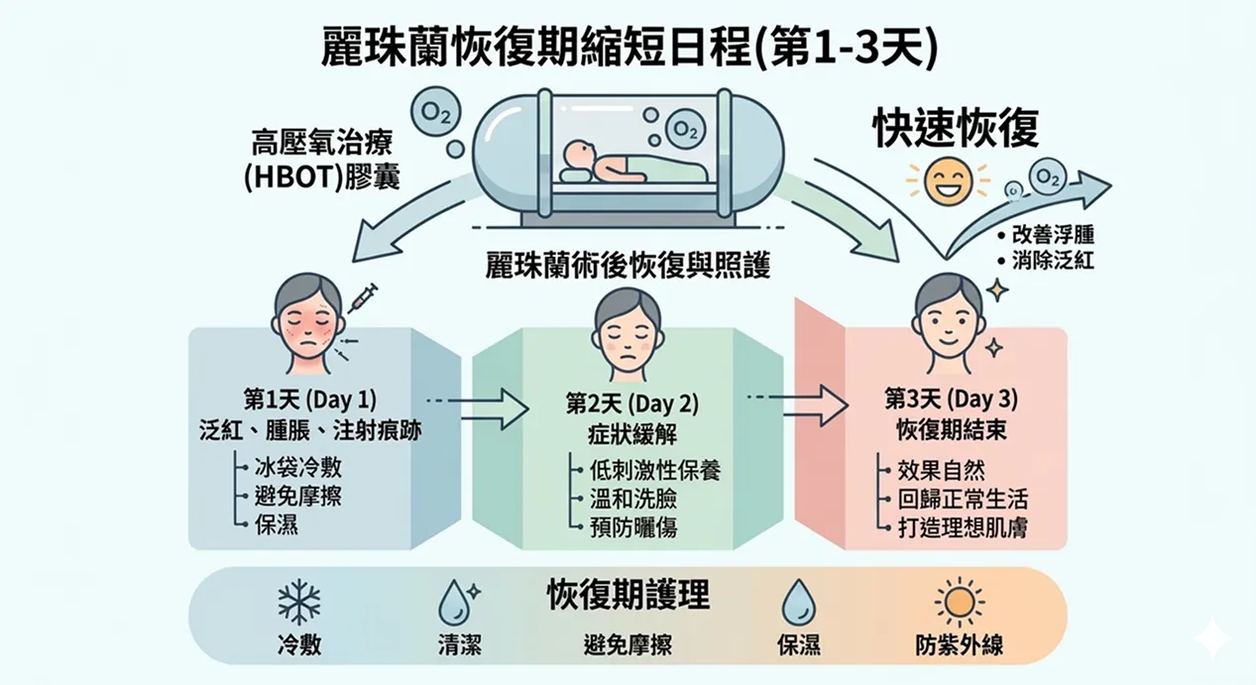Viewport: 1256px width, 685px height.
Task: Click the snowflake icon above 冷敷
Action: (x=298, y=602)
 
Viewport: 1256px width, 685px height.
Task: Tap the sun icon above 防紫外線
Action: (x=959, y=602)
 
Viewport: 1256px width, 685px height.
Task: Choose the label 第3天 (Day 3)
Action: (x=951, y=400)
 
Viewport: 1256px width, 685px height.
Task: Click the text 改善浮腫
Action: (x=1053, y=236)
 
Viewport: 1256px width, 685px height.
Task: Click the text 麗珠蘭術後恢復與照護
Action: (x=628, y=266)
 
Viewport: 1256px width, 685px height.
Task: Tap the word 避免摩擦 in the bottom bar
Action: (x=628, y=645)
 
